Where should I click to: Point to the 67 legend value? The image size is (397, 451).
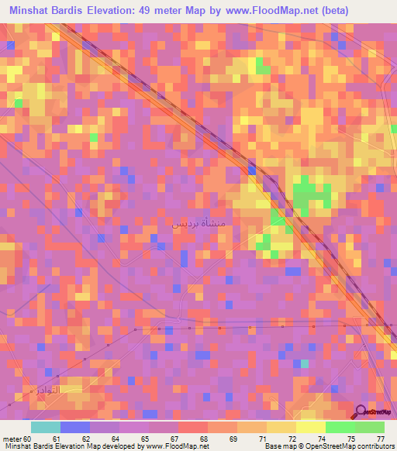(174, 438)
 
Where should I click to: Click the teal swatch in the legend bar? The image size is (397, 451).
(45, 427)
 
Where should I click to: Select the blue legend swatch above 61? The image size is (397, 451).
(74, 427)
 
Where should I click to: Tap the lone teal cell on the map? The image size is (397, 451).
(305, 363)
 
